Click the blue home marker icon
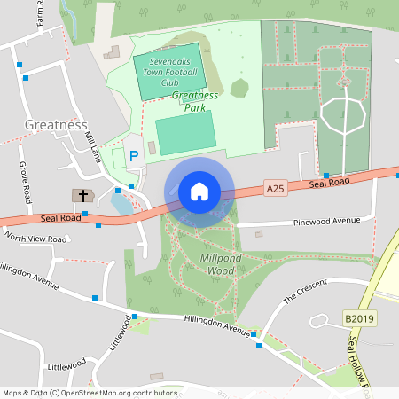click(199, 192)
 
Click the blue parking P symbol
click(134, 156)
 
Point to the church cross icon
click(84, 195)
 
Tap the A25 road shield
click(277, 189)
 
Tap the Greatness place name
click(56, 125)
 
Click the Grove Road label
click(27, 182)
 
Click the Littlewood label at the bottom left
click(66, 364)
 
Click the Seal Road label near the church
click(59, 217)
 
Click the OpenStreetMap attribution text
click(90, 392)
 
